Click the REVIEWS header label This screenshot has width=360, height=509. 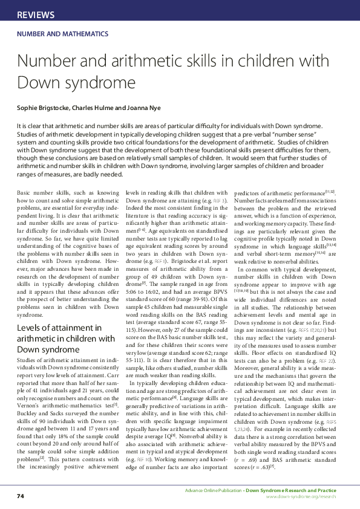pos(36,15)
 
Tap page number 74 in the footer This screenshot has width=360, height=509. pos(20,496)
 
